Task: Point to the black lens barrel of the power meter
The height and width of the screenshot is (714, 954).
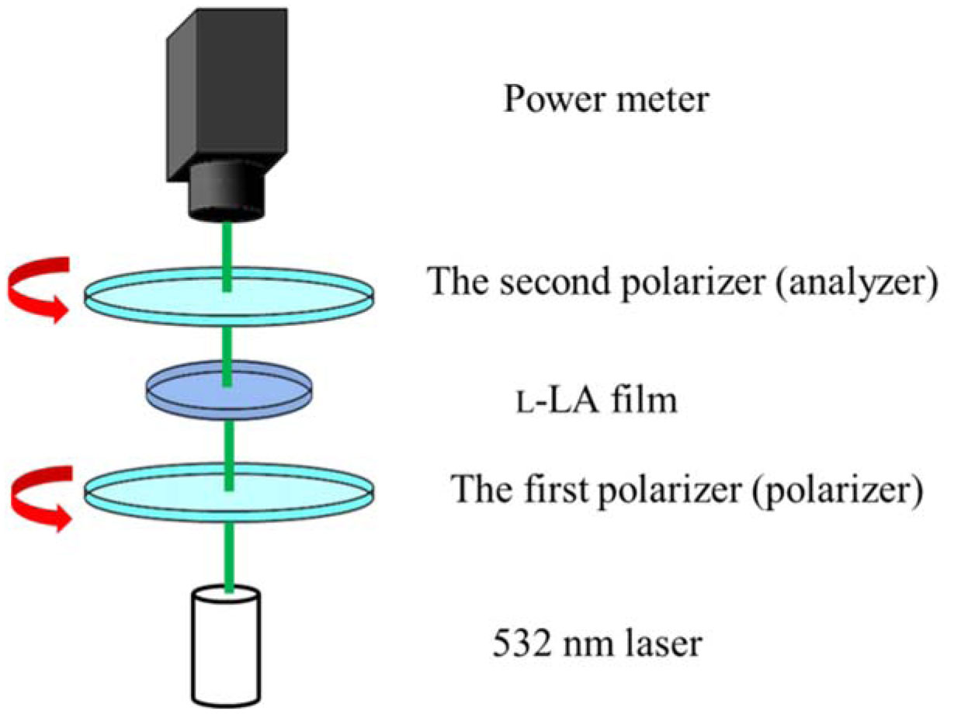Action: click(227, 190)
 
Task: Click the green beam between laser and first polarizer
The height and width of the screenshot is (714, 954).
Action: click(229, 555)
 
